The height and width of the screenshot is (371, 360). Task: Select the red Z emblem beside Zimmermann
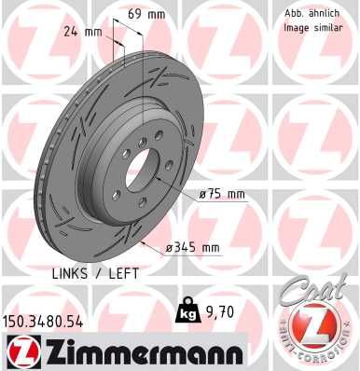click(x=21, y=351)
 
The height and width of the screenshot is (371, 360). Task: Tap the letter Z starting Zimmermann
click(x=51, y=350)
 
